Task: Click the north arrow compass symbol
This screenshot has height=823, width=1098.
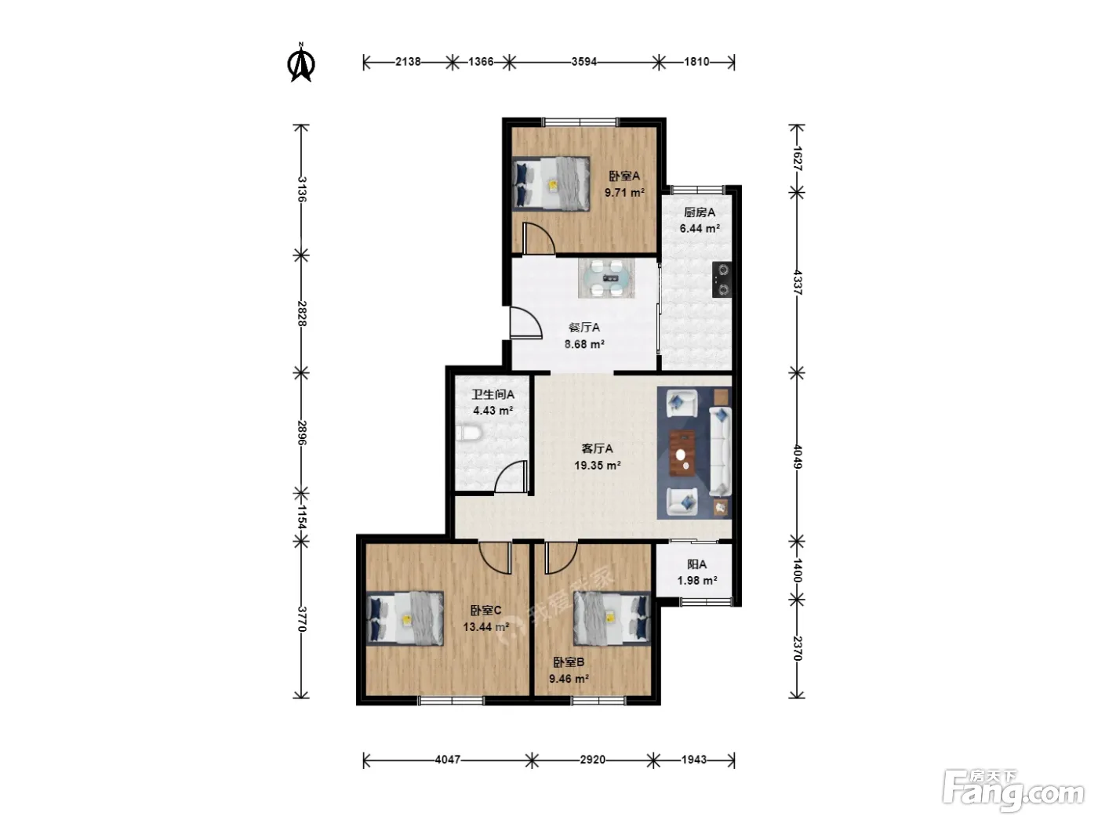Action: click(300, 63)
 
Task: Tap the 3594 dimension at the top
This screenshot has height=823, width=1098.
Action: click(584, 62)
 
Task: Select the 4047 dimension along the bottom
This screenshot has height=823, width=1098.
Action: click(447, 760)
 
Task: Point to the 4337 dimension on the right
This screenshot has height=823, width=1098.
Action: click(798, 282)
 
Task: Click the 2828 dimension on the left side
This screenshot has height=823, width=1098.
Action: click(301, 314)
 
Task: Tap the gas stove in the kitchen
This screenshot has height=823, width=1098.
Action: click(722, 280)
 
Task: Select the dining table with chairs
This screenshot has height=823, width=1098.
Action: click(606, 278)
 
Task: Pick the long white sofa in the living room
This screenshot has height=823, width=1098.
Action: click(720, 451)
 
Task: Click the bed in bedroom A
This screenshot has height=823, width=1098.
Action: click(551, 183)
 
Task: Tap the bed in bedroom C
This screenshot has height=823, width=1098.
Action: click(405, 619)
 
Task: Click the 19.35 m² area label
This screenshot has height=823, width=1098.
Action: click(598, 466)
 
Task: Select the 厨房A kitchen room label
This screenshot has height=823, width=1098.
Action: click(700, 212)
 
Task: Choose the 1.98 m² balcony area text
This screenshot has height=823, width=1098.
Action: click(697, 581)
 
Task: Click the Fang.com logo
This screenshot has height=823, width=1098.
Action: click(1014, 792)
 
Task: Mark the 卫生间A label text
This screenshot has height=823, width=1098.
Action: click(493, 395)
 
